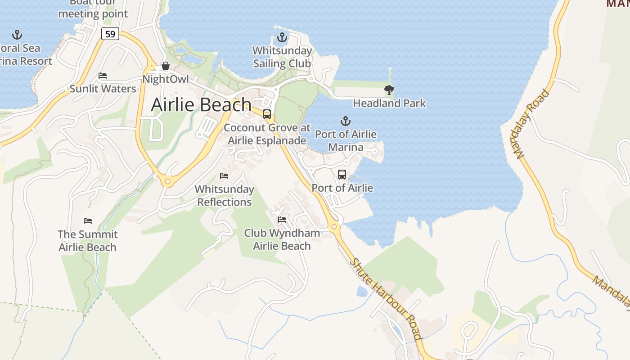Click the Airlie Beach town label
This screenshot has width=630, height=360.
[201, 104]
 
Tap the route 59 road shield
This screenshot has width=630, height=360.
[110, 34]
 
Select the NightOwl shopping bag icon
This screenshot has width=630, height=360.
[166, 66]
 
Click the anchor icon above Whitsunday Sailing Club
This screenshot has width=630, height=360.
[282, 37]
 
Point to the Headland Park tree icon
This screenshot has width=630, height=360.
[389, 90]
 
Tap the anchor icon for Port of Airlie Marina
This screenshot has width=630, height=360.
[346, 121]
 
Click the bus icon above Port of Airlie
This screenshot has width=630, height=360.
[342, 174]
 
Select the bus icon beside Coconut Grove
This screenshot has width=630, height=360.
[267, 114]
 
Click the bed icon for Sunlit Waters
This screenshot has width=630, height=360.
[103, 75]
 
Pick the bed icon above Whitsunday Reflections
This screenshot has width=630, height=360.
[224, 175]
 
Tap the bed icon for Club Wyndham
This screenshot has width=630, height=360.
[282, 220]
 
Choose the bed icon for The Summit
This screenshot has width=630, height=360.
[88, 221]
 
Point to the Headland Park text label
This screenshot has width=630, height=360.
[389, 103]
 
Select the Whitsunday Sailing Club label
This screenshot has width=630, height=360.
[282, 57]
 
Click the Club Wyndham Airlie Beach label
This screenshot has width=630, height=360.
[282, 239]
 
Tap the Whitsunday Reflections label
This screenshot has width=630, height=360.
[225, 196]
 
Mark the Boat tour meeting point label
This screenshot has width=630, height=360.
[93, 9]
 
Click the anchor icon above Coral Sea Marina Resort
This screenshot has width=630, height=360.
[17, 35]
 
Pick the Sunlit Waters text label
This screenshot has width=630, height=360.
[103, 89]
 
